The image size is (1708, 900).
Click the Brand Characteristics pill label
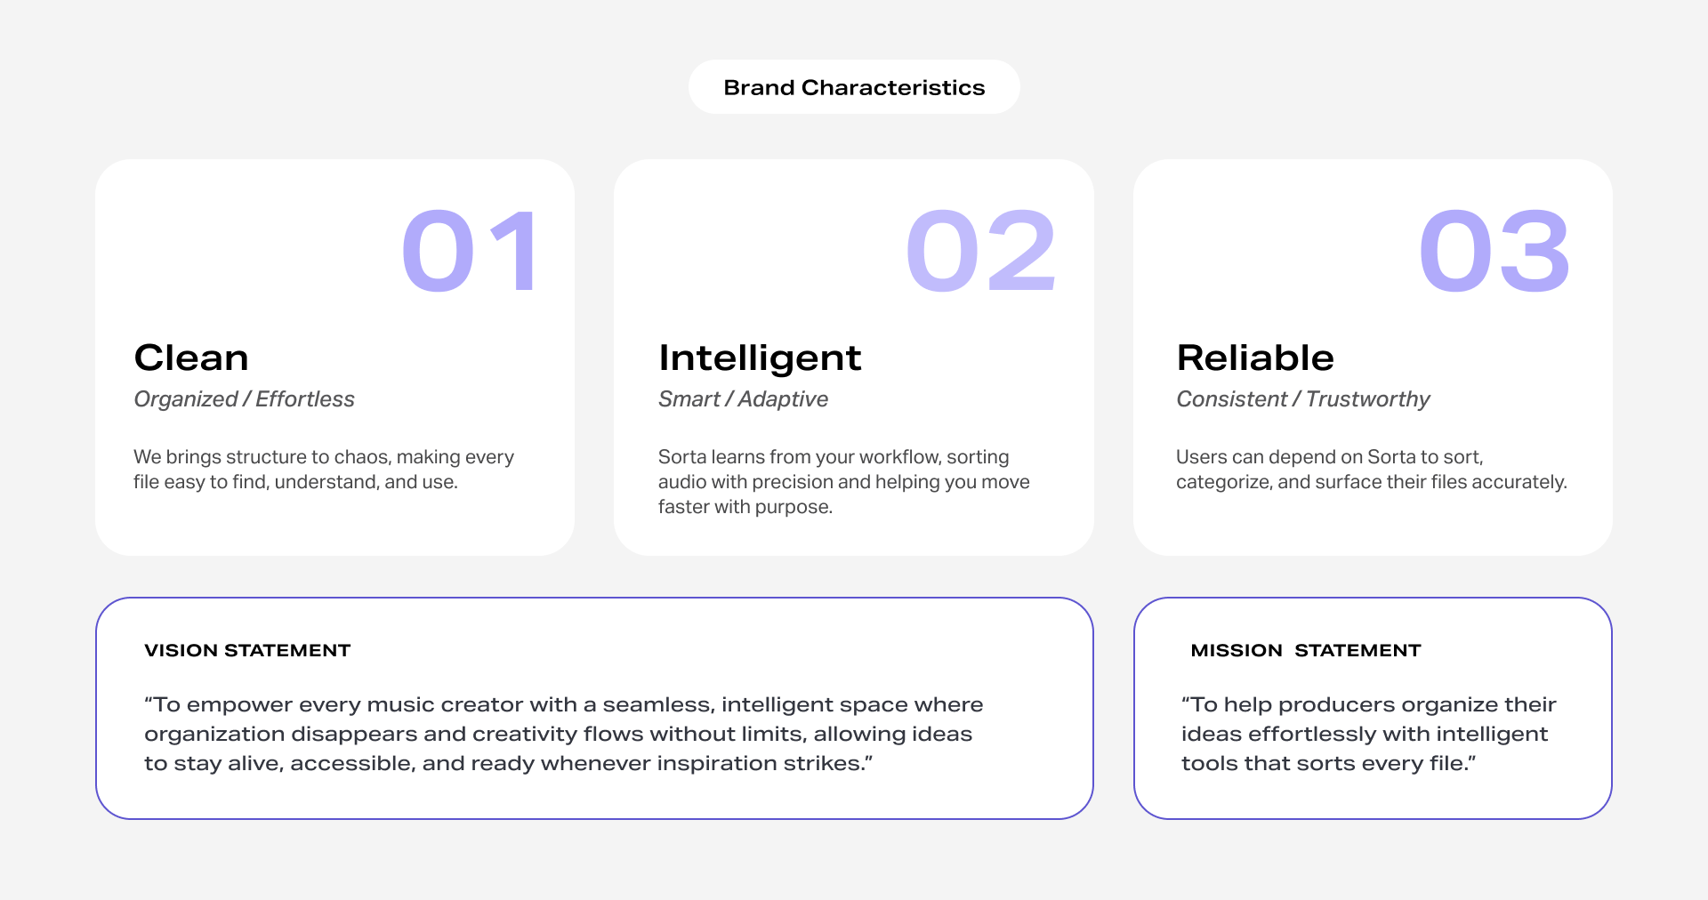tap(854, 87)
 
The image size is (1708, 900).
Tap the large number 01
tap(470, 251)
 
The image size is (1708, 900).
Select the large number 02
tap(981, 251)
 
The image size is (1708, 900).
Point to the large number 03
tap(1494, 251)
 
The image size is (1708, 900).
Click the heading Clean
tap(191, 358)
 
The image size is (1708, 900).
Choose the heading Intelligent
tap(760, 358)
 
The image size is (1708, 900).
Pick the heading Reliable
tap(1255, 358)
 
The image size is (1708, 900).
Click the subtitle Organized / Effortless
tap(244, 399)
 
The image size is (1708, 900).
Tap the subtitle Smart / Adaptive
tap(743, 399)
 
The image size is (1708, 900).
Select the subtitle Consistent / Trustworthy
tap(1303, 399)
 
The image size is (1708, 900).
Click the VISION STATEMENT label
tap(247, 650)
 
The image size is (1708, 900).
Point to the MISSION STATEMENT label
tap(1306, 650)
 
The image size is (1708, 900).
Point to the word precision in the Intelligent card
tap(792, 482)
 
